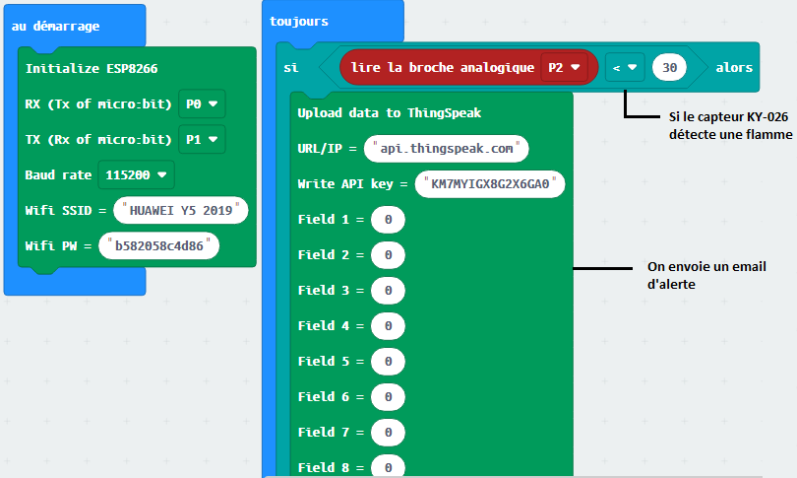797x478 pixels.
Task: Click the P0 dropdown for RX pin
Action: click(x=202, y=103)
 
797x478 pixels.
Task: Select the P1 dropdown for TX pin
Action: click(x=202, y=140)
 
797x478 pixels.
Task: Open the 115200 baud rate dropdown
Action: click(x=136, y=175)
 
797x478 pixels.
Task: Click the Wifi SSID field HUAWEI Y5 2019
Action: click(x=181, y=210)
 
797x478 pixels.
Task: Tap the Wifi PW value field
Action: click(x=159, y=245)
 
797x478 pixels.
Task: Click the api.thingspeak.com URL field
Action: click(x=447, y=149)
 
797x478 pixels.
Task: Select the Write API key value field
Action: click(x=490, y=183)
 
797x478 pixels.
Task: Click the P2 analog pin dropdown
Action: click(x=564, y=67)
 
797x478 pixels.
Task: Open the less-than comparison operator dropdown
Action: click(x=625, y=67)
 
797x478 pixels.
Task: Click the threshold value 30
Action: click(x=669, y=67)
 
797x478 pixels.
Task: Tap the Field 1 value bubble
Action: click(x=388, y=220)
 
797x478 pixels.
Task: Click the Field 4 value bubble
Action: click(x=388, y=326)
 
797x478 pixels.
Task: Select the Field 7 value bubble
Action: click(x=388, y=433)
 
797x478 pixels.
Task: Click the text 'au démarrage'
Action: click(x=55, y=26)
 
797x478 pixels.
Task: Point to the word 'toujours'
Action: click(x=299, y=22)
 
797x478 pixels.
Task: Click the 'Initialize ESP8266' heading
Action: click(x=92, y=68)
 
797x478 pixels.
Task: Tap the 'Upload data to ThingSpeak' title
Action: click(x=390, y=112)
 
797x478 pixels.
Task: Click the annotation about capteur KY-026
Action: click(x=730, y=125)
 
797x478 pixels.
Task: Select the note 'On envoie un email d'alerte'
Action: click(x=706, y=275)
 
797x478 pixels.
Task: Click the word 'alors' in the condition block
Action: click(x=734, y=67)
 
